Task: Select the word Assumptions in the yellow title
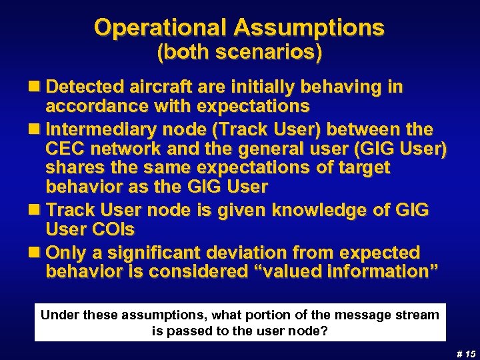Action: click(309, 27)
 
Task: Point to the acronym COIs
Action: click(112, 230)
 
